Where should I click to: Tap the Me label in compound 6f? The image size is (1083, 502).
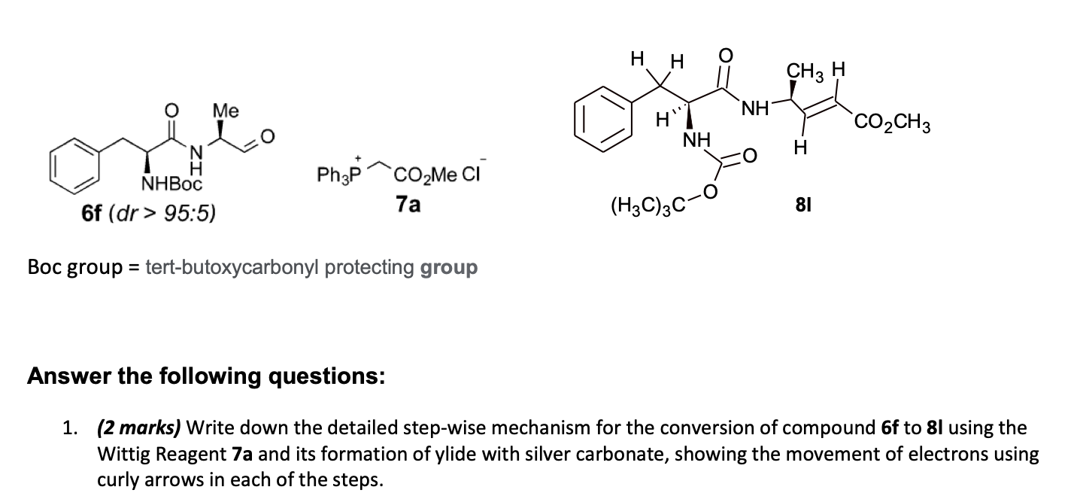click(225, 111)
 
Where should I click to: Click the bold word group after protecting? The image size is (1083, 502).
click(449, 267)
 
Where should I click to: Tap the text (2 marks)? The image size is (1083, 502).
click(138, 429)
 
